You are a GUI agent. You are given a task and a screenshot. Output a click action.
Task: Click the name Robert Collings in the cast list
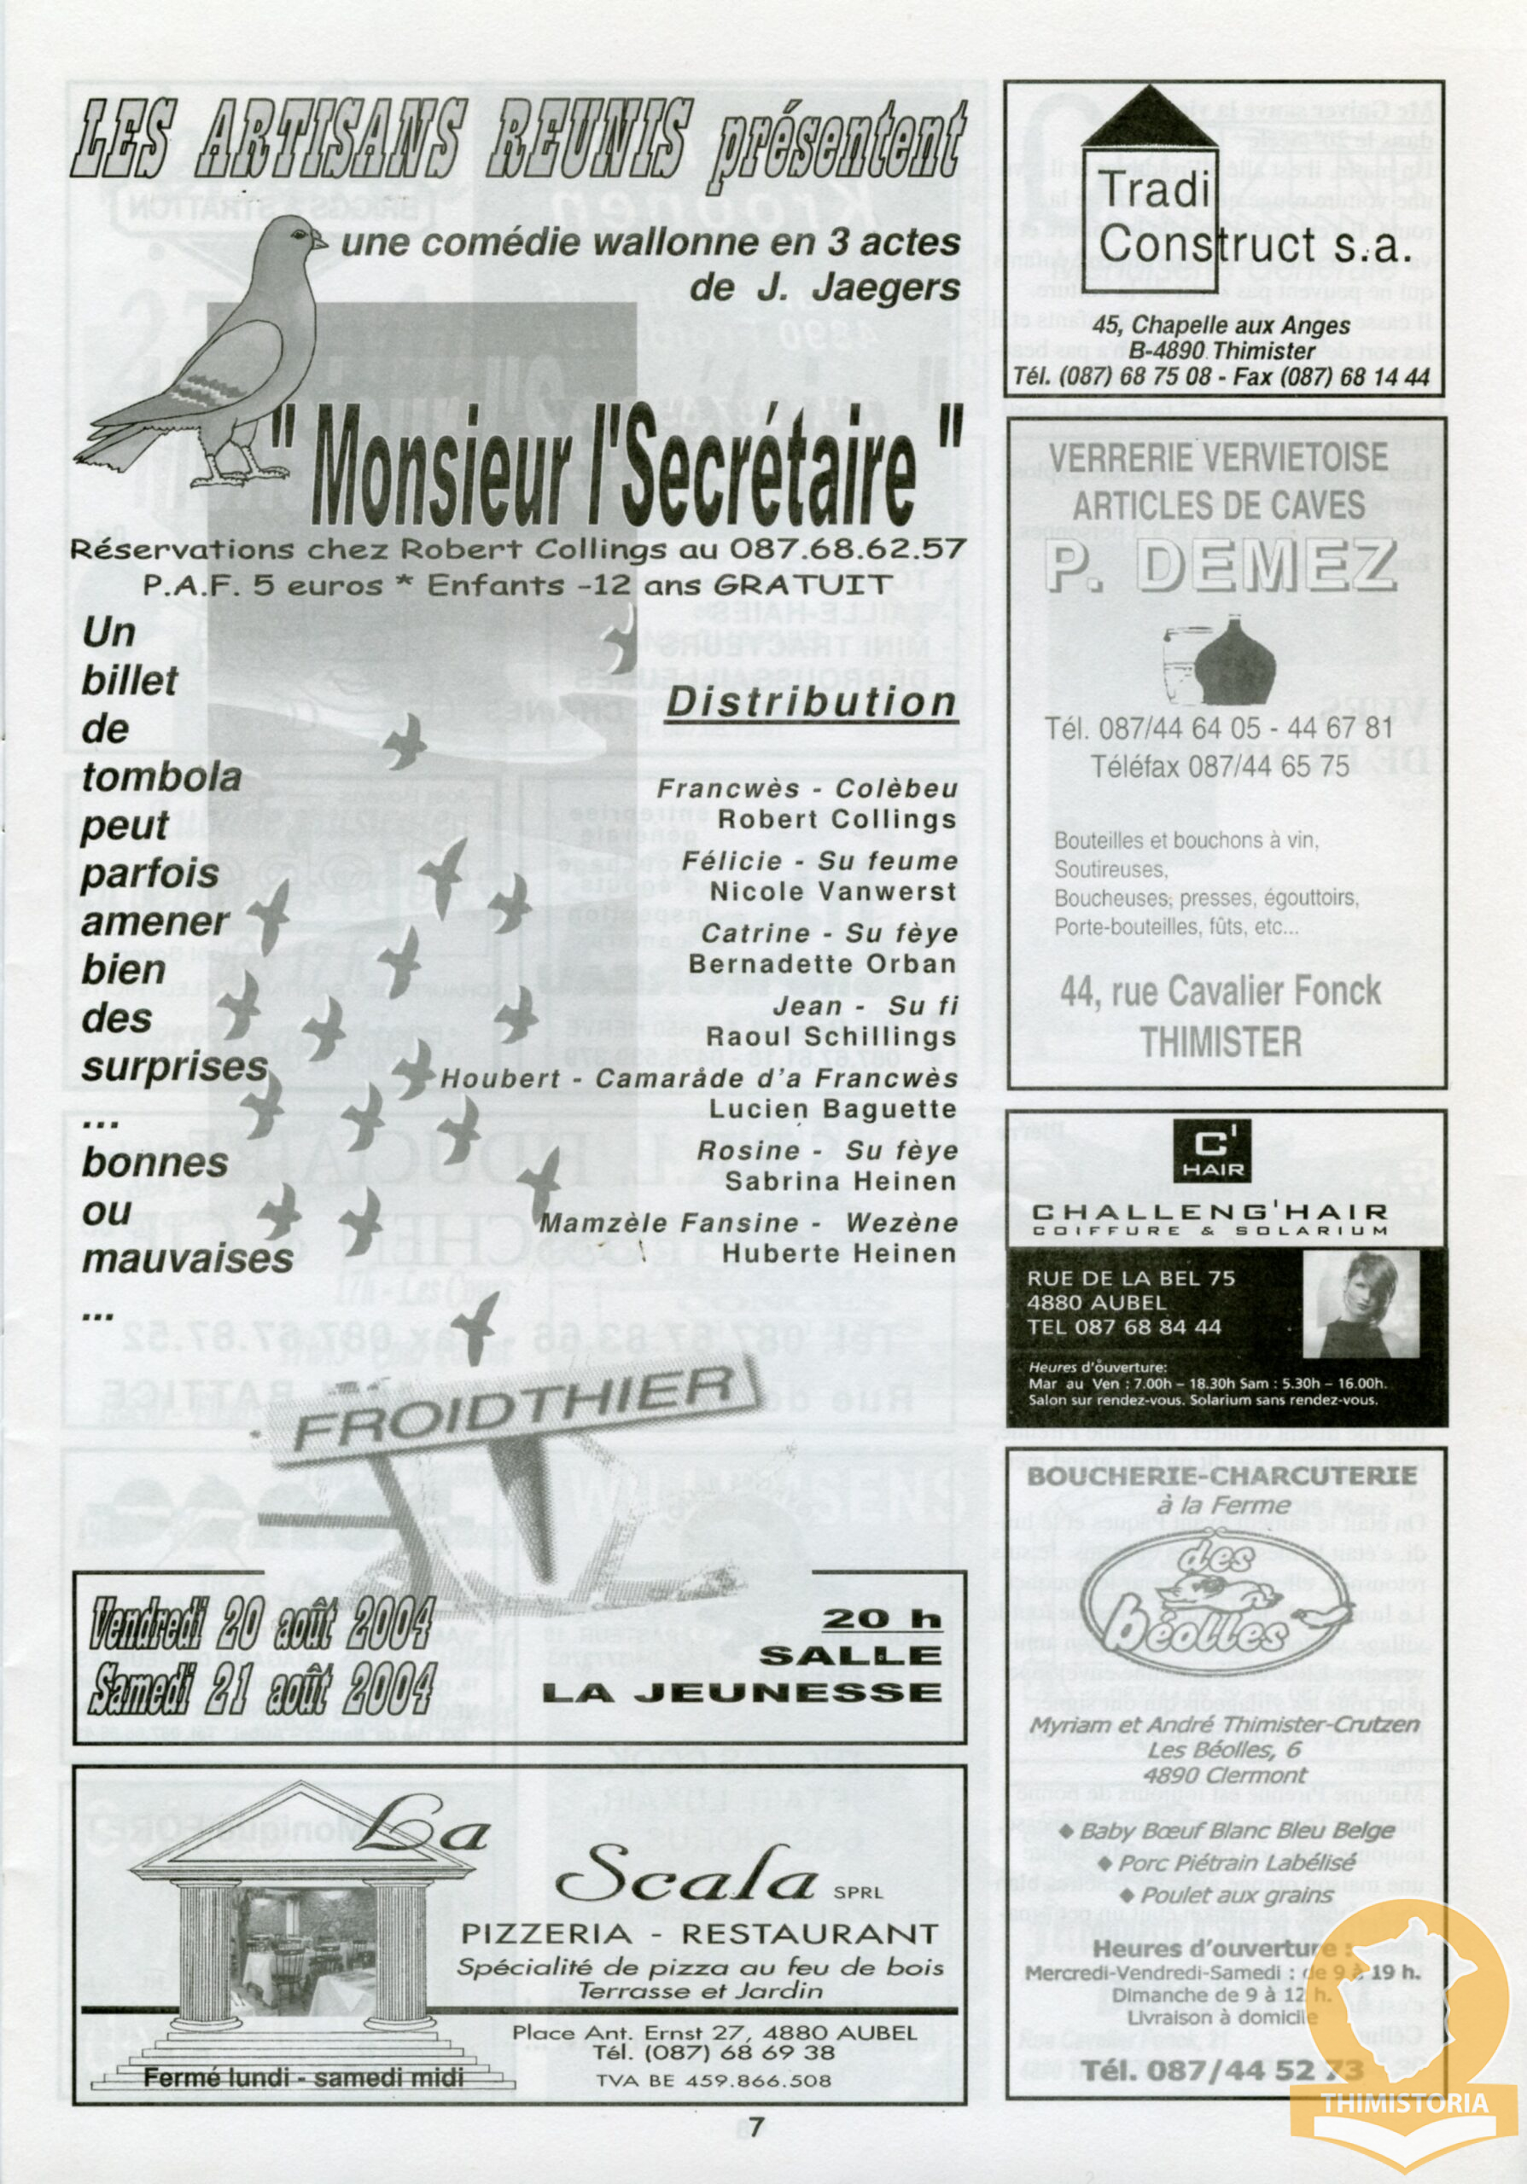pos(836,819)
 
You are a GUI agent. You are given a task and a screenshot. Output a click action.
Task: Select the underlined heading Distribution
pos(811,702)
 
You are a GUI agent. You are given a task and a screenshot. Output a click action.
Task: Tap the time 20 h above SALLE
pos(881,1618)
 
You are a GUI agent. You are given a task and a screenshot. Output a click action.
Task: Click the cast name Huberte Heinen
pos(838,1254)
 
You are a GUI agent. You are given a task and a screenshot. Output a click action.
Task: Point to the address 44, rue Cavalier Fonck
pos(1221,991)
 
